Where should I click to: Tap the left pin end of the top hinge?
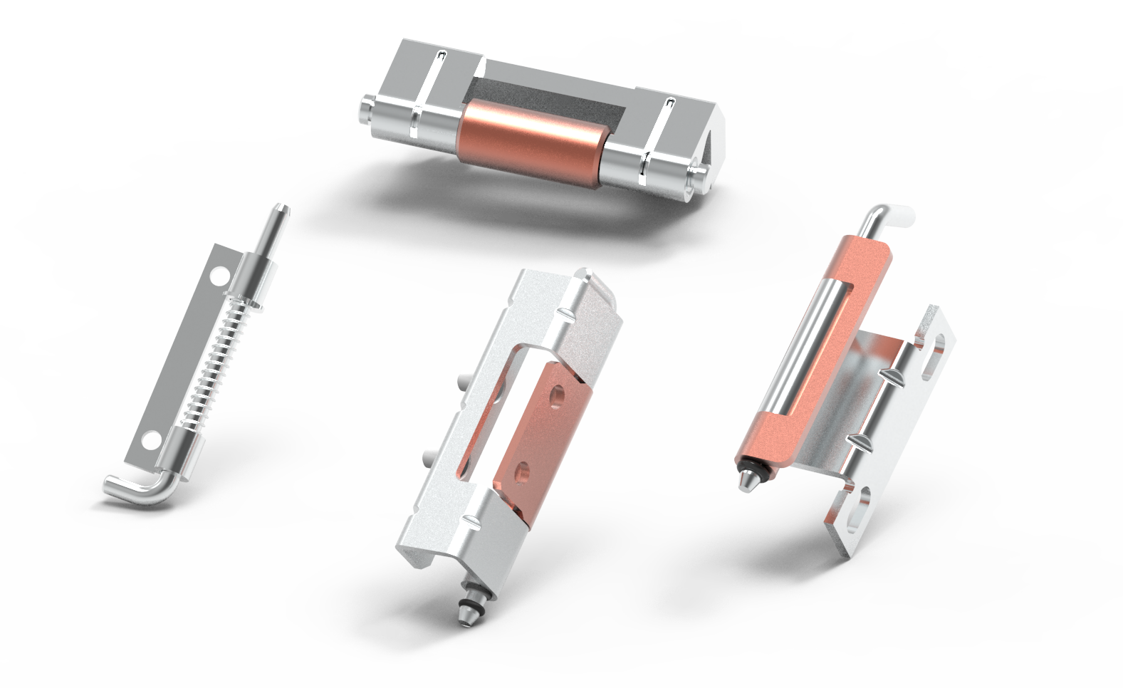[x=365, y=109]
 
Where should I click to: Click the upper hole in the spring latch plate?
[x=221, y=273]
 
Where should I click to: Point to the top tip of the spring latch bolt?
[x=281, y=211]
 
